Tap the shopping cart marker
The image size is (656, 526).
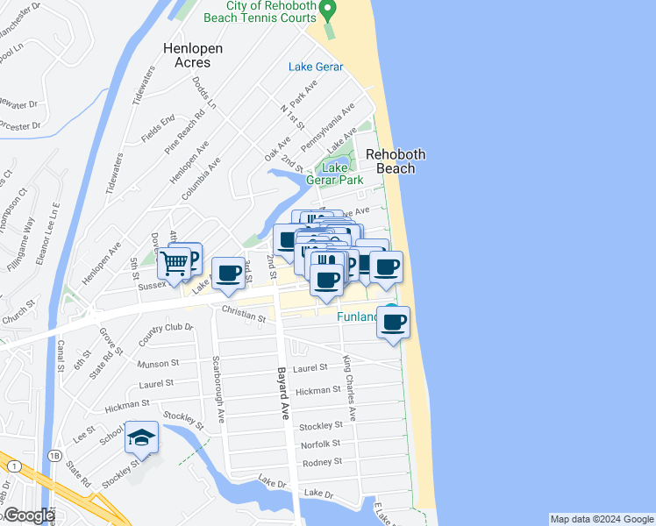[175, 260]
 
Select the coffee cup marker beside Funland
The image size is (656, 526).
[394, 322]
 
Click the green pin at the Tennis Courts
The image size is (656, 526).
[328, 11]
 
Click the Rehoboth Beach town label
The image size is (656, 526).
[396, 161]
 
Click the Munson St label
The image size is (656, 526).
[158, 362]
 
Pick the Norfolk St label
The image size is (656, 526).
[320, 444]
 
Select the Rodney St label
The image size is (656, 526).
[321, 462]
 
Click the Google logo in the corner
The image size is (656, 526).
[28, 515]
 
